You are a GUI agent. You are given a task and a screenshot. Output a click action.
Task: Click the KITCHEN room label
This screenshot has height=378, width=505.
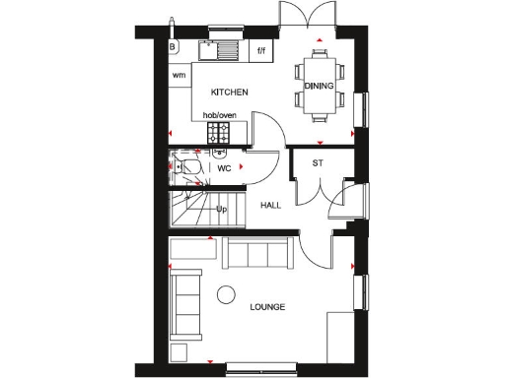229,93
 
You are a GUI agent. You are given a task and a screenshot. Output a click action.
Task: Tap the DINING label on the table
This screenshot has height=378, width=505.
320,87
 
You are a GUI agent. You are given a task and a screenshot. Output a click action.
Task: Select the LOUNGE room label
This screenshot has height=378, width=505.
266,307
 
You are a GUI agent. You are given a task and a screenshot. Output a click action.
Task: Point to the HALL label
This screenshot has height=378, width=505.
270,206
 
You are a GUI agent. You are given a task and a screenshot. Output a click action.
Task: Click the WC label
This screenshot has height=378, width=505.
224,168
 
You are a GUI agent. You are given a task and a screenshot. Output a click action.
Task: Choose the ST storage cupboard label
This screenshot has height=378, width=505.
318,163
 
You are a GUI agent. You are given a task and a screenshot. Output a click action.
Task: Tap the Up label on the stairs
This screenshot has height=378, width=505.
222,210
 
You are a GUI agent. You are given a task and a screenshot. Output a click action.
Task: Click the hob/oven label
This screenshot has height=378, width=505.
220,115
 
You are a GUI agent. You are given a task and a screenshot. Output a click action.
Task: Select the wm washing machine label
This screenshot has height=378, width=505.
180,75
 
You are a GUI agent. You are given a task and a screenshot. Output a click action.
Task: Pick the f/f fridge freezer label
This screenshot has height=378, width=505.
261,49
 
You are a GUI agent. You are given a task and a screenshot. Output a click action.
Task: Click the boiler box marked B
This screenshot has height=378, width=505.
173,46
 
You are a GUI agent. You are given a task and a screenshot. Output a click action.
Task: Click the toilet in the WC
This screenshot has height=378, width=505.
189,168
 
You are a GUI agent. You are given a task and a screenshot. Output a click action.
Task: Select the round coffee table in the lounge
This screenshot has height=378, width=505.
226,293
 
